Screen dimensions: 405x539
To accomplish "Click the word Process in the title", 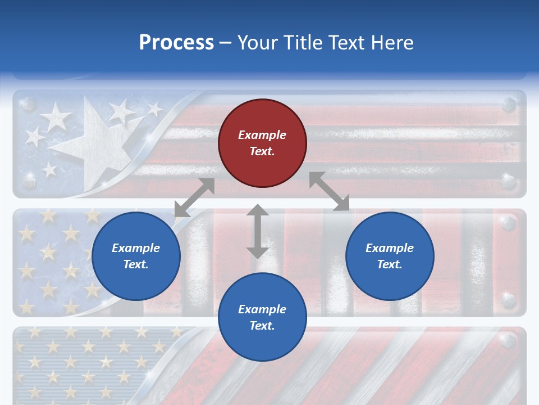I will tap(176, 43).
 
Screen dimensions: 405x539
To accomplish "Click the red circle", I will tap(262, 143).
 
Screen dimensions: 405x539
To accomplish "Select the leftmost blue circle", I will tap(136, 256).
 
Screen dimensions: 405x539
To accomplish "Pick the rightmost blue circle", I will tap(390, 256).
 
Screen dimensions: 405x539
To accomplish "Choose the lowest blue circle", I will tap(262, 317).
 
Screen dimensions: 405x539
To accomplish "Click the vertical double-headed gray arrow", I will tap(258, 231).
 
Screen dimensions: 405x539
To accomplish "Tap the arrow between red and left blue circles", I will tap(194, 197).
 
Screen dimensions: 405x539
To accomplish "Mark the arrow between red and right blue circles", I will tap(329, 191).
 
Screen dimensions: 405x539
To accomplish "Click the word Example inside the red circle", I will tap(262, 135).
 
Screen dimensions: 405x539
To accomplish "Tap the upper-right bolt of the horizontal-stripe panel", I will tap(509, 105).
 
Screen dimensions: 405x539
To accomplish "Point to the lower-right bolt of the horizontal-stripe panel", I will tap(509, 182).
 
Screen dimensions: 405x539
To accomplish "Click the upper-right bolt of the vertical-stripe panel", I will tap(509, 224).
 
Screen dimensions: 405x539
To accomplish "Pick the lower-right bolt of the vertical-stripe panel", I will tap(509, 300).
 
